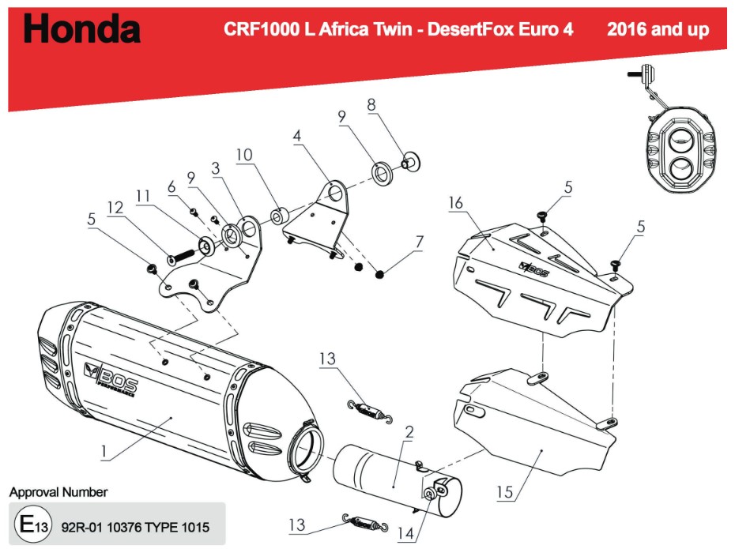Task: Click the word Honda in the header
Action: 82,30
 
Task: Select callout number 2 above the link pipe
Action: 409,431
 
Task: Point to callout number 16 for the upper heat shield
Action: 457,204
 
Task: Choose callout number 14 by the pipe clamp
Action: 407,534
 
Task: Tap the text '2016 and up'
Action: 658,30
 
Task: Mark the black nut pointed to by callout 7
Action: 380,274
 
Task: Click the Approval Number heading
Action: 58,492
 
